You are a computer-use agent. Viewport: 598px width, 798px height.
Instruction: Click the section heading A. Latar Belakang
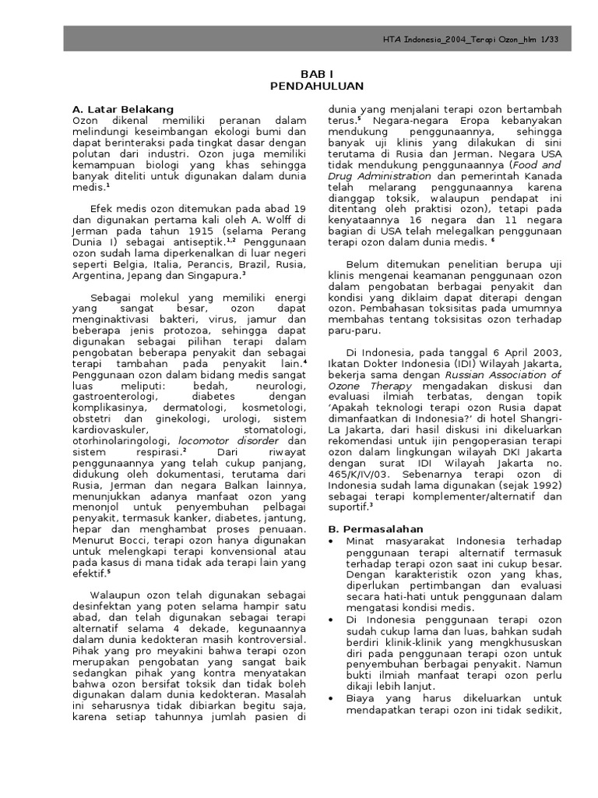pyautogui.click(x=122, y=109)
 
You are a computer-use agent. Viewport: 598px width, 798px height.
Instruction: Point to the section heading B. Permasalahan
pyautogui.click(x=374, y=528)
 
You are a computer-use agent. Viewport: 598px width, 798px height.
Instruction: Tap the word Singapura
pyautogui.click(x=216, y=276)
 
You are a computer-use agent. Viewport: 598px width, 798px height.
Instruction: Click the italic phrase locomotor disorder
pyautogui.click(x=235, y=440)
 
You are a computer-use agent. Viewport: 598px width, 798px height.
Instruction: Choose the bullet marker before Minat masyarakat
pyautogui.click(x=332, y=541)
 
